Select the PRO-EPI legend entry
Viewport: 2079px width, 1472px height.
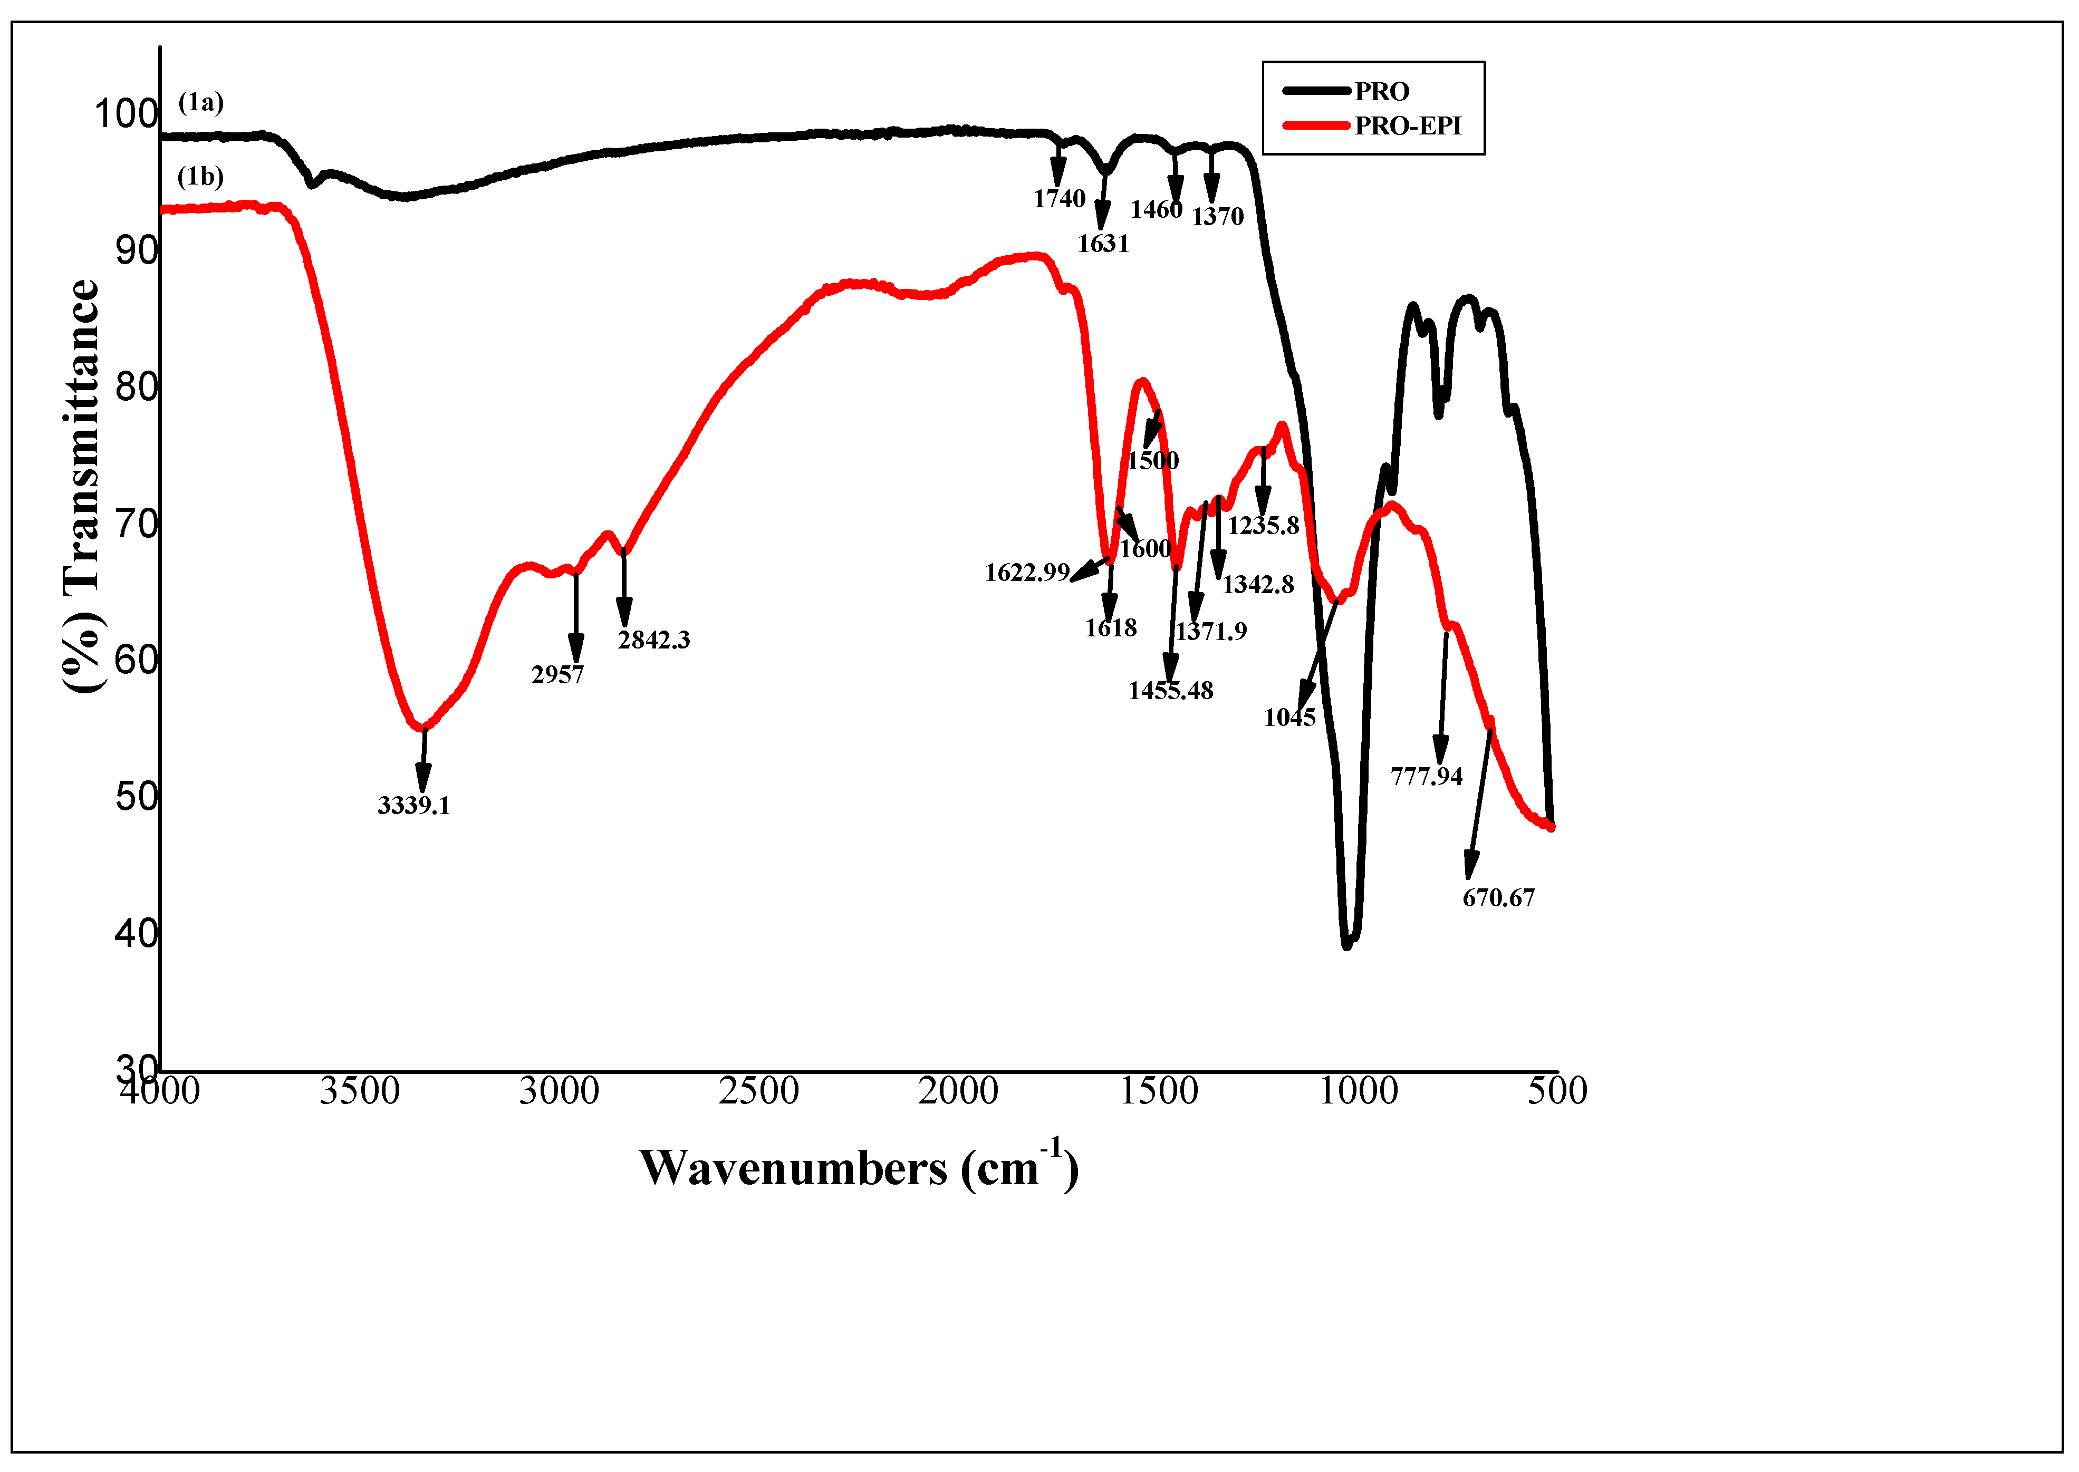[1407, 126]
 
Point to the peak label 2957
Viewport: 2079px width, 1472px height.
[557, 674]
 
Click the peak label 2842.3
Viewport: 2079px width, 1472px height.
[654, 640]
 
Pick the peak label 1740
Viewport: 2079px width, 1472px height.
[1059, 199]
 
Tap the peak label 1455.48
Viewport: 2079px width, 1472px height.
[1170, 691]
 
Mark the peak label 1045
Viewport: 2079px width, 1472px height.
[1289, 718]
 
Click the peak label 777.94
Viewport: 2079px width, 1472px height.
[1426, 776]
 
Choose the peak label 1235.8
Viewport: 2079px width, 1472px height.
[1263, 526]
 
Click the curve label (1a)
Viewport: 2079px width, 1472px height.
[200, 102]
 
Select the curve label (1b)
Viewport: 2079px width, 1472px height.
[200, 176]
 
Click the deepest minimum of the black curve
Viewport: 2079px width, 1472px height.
[1346, 945]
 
